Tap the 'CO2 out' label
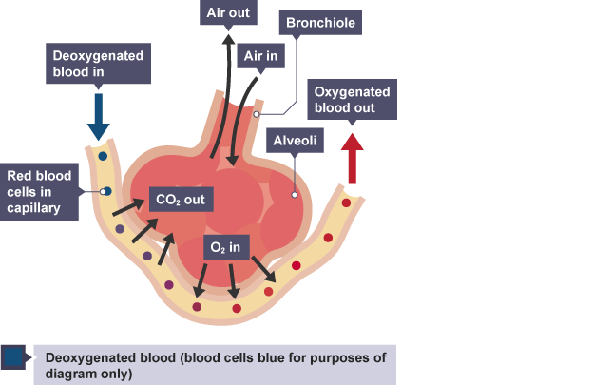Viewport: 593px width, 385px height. pos(182,200)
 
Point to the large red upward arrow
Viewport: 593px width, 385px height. pos(354,157)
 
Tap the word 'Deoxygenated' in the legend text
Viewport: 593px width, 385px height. pos(88,357)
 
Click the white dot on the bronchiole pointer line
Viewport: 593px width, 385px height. pos(257,111)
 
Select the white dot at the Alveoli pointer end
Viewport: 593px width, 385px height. pos(296,195)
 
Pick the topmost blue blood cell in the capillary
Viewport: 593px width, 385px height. pos(103,155)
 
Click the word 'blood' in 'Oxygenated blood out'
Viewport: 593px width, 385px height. pos(333,107)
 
